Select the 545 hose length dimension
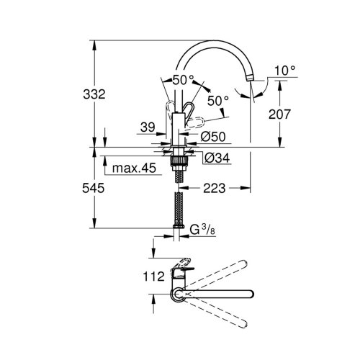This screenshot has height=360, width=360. click(94, 188)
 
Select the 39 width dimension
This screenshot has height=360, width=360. click(146, 127)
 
